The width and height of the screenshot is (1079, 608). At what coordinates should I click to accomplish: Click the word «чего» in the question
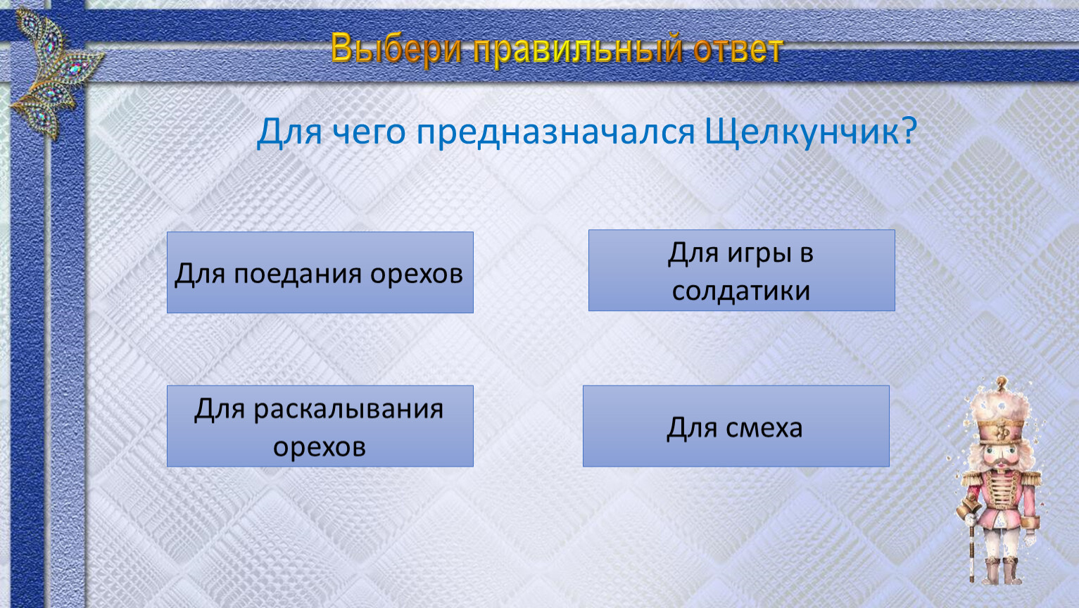click(x=369, y=133)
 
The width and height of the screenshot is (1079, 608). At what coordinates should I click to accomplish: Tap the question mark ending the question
click(x=909, y=130)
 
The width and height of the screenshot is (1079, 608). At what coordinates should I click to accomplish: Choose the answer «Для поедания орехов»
click(x=320, y=272)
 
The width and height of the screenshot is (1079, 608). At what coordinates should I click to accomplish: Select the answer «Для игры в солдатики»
click(x=741, y=270)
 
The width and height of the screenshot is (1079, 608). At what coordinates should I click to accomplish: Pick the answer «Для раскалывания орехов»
click(x=320, y=426)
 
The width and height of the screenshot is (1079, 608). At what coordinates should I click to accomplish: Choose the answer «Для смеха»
click(x=736, y=426)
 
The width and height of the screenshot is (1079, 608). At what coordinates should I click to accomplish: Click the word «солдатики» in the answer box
click(x=741, y=291)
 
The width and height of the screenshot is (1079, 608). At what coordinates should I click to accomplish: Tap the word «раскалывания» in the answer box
click(x=348, y=410)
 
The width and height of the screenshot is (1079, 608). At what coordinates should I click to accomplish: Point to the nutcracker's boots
click(x=1003, y=571)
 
